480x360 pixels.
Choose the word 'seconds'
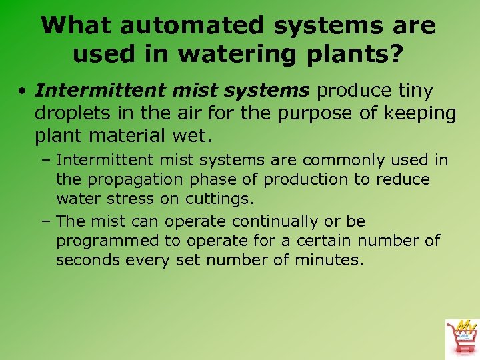tap(85, 260)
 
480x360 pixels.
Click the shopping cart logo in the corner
tap(461, 337)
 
